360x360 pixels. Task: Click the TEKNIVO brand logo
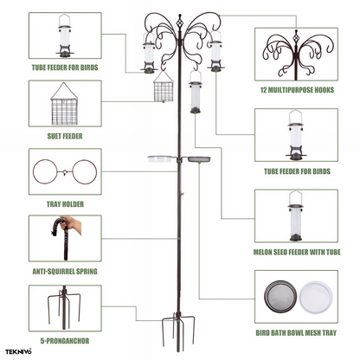pyautogui.click(x=18, y=351)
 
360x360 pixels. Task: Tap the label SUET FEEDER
pyautogui.click(x=65, y=136)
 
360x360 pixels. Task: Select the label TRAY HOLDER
pyautogui.click(x=65, y=204)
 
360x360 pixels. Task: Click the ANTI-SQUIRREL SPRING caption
pyautogui.click(x=65, y=272)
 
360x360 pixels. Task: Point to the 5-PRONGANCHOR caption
pyautogui.click(x=65, y=341)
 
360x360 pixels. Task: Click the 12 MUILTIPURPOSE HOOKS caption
pyautogui.click(x=297, y=90)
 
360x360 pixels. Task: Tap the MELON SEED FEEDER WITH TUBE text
pyautogui.click(x=297, y=252)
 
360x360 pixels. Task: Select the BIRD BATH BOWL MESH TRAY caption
pyautogui.click(x=296, y=333)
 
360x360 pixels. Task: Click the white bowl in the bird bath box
pyautogui.click(x=316, y=298)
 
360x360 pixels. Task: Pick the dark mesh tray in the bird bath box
pyautogui.click(x=280, y=296)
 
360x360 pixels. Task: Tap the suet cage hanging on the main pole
pyautogui.click(x=164, y=87)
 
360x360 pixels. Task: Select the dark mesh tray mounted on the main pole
pyautogui.click(x=199, y=158)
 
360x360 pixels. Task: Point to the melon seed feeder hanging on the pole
pyautogui.click(x=196, y=93)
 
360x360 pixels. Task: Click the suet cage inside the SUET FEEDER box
pyautogui.click(x=64, y=104)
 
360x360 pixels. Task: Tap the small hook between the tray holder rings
pyautogui.click(x=65, y=172)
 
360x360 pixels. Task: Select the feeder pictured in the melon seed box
pyautogui.click(x=296, y=215)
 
